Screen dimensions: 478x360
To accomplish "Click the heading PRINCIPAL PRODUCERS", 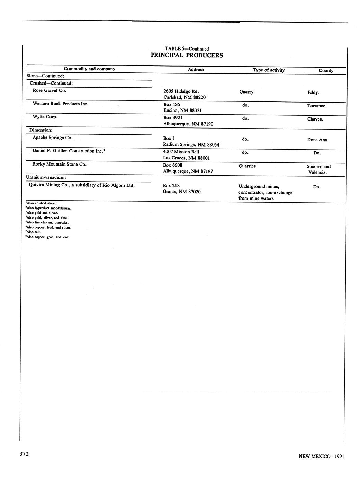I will [x=187, y=55].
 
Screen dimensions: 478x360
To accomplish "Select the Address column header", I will [x=196, y=70].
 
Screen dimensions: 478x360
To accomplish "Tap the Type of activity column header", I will [x=269, y=70].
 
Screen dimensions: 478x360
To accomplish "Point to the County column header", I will [x=326, y=71].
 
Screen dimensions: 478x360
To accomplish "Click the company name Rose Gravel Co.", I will [x=49, y=90].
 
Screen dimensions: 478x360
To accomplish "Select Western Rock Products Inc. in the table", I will [x=61, y=104].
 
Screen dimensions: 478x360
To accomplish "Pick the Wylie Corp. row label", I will [x=45, y=117].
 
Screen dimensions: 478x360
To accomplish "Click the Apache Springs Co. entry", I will [x=53, y=138].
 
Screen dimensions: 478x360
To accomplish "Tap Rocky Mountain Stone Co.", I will [x=59, y=164].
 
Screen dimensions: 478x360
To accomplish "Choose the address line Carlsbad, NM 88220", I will [x=184, y=97].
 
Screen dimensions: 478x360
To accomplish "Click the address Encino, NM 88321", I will [x=182, y=110].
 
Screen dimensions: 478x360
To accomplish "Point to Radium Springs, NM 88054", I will [x=191, y=144].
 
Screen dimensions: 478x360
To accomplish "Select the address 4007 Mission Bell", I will [x=181, y=152].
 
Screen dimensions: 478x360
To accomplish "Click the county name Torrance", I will [x=317, y=106].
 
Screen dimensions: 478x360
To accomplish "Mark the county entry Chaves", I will [x=315, y=119].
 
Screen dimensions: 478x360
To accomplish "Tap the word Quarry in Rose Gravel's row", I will [x=246, y=92].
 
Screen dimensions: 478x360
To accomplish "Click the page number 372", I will [x=24, y=454].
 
